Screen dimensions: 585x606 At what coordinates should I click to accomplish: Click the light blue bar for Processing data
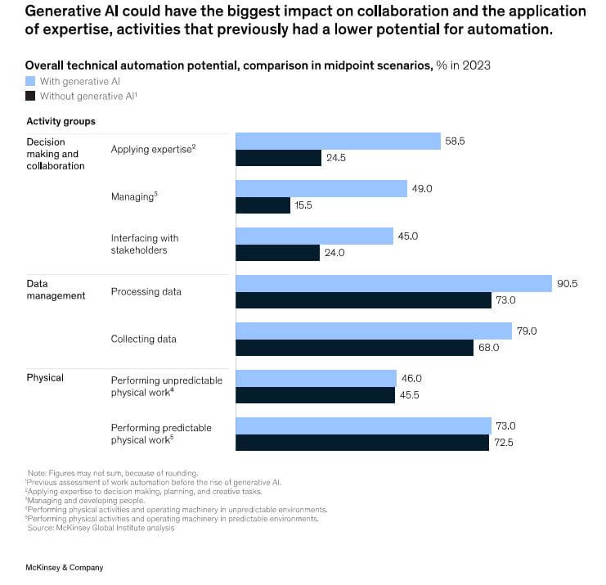[x=393, y=283]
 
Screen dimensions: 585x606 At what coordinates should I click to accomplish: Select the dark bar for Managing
[x=263, y=205]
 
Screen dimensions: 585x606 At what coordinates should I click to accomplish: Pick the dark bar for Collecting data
[x=355, y=347]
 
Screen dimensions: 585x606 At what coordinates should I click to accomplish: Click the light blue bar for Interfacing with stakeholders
[x=314, y=236]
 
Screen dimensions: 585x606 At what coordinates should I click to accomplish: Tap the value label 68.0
[x=488, y=347]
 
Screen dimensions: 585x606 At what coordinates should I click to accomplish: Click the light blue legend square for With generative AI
[x=30, y=80]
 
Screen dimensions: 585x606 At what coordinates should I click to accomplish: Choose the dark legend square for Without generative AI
[x=30, y=95]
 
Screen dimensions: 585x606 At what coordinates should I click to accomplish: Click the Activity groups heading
[x=61, y=121]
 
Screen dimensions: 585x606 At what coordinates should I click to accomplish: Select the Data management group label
[x=56, y=290]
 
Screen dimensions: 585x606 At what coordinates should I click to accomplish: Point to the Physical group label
[x=45, y=378]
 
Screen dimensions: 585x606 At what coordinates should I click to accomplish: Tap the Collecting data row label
[x=143, y=339]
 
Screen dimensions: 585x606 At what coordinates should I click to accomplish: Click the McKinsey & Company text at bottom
[x=65, y=567]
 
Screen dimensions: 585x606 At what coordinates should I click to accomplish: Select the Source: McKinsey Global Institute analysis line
[x=102, y=528]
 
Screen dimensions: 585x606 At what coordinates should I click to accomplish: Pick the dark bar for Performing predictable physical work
[x=362, y=443]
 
